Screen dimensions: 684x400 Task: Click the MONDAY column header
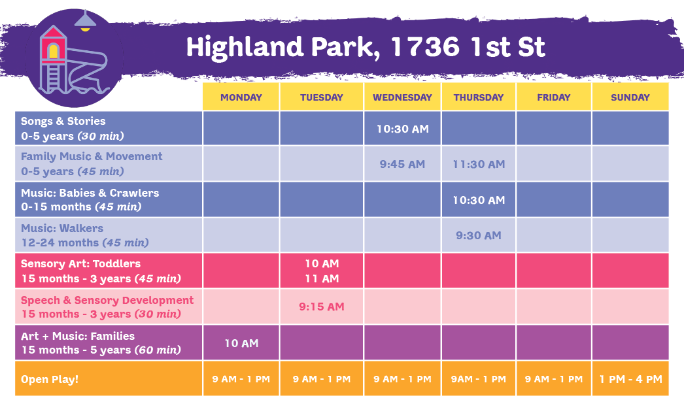[241, 97]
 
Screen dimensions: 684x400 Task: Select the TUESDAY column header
[322, 97]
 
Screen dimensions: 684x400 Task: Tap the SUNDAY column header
[630, 97]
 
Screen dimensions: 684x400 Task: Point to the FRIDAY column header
[554, 97]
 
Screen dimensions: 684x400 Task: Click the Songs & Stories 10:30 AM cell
[403, 129]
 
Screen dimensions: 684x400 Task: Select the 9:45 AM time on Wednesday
[402, 164]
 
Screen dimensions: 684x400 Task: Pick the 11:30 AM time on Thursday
[479, 164]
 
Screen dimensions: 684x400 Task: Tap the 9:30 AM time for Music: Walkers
[479, 235]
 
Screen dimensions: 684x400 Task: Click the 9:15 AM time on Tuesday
[322, 307]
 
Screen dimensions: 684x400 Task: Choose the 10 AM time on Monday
[241, 343]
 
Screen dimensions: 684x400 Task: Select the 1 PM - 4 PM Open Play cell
[631, 379]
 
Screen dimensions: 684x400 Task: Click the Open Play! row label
[50, 379]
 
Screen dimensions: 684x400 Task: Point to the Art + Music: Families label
[78, 336]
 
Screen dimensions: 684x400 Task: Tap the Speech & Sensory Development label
[107, 300]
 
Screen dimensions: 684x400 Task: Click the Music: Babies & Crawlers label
[90, 193]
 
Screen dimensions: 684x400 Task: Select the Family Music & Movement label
[92, 156]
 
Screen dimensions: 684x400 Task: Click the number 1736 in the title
[425, 46]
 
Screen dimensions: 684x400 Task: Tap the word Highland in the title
[245, 46]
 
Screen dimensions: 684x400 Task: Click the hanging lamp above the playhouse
[85, 22]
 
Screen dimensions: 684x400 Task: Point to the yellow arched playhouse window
[53, 51]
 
